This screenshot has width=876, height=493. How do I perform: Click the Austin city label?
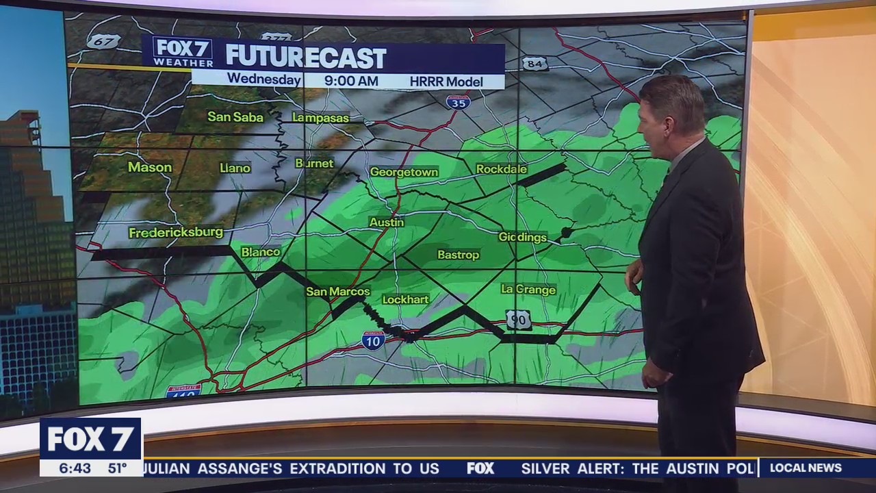[x=387, y=223]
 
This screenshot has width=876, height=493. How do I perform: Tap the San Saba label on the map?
[x=235, y=117]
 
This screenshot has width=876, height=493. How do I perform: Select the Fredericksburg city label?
[x=176, y=233]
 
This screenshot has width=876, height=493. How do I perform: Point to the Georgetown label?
[x=404, y=172]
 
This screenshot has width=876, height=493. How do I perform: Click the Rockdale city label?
[x=502, y=169]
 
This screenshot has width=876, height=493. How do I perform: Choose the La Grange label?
[x=528, y=290]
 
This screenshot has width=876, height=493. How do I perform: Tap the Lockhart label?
[x=406, y=299]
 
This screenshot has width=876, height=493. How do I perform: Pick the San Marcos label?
[x=338, y=292]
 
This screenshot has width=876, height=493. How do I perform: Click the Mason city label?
[x=150, y=167]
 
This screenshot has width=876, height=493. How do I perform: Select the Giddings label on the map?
[x=523, y=238]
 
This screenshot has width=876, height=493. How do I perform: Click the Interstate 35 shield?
[x=458, y=102]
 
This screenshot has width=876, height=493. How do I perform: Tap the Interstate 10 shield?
[x=373, y=340]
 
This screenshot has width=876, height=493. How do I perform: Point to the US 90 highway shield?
[x=519, y=319]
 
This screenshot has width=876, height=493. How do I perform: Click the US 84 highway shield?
[x=534, y=64]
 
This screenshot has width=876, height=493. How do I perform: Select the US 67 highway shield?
[x=103, y=41]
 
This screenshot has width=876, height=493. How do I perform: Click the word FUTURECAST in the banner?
[x=306, y=58]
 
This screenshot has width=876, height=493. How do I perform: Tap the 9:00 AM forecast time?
[x=351, y=81]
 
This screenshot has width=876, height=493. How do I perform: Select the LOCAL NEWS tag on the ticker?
[x=806, y=468]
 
